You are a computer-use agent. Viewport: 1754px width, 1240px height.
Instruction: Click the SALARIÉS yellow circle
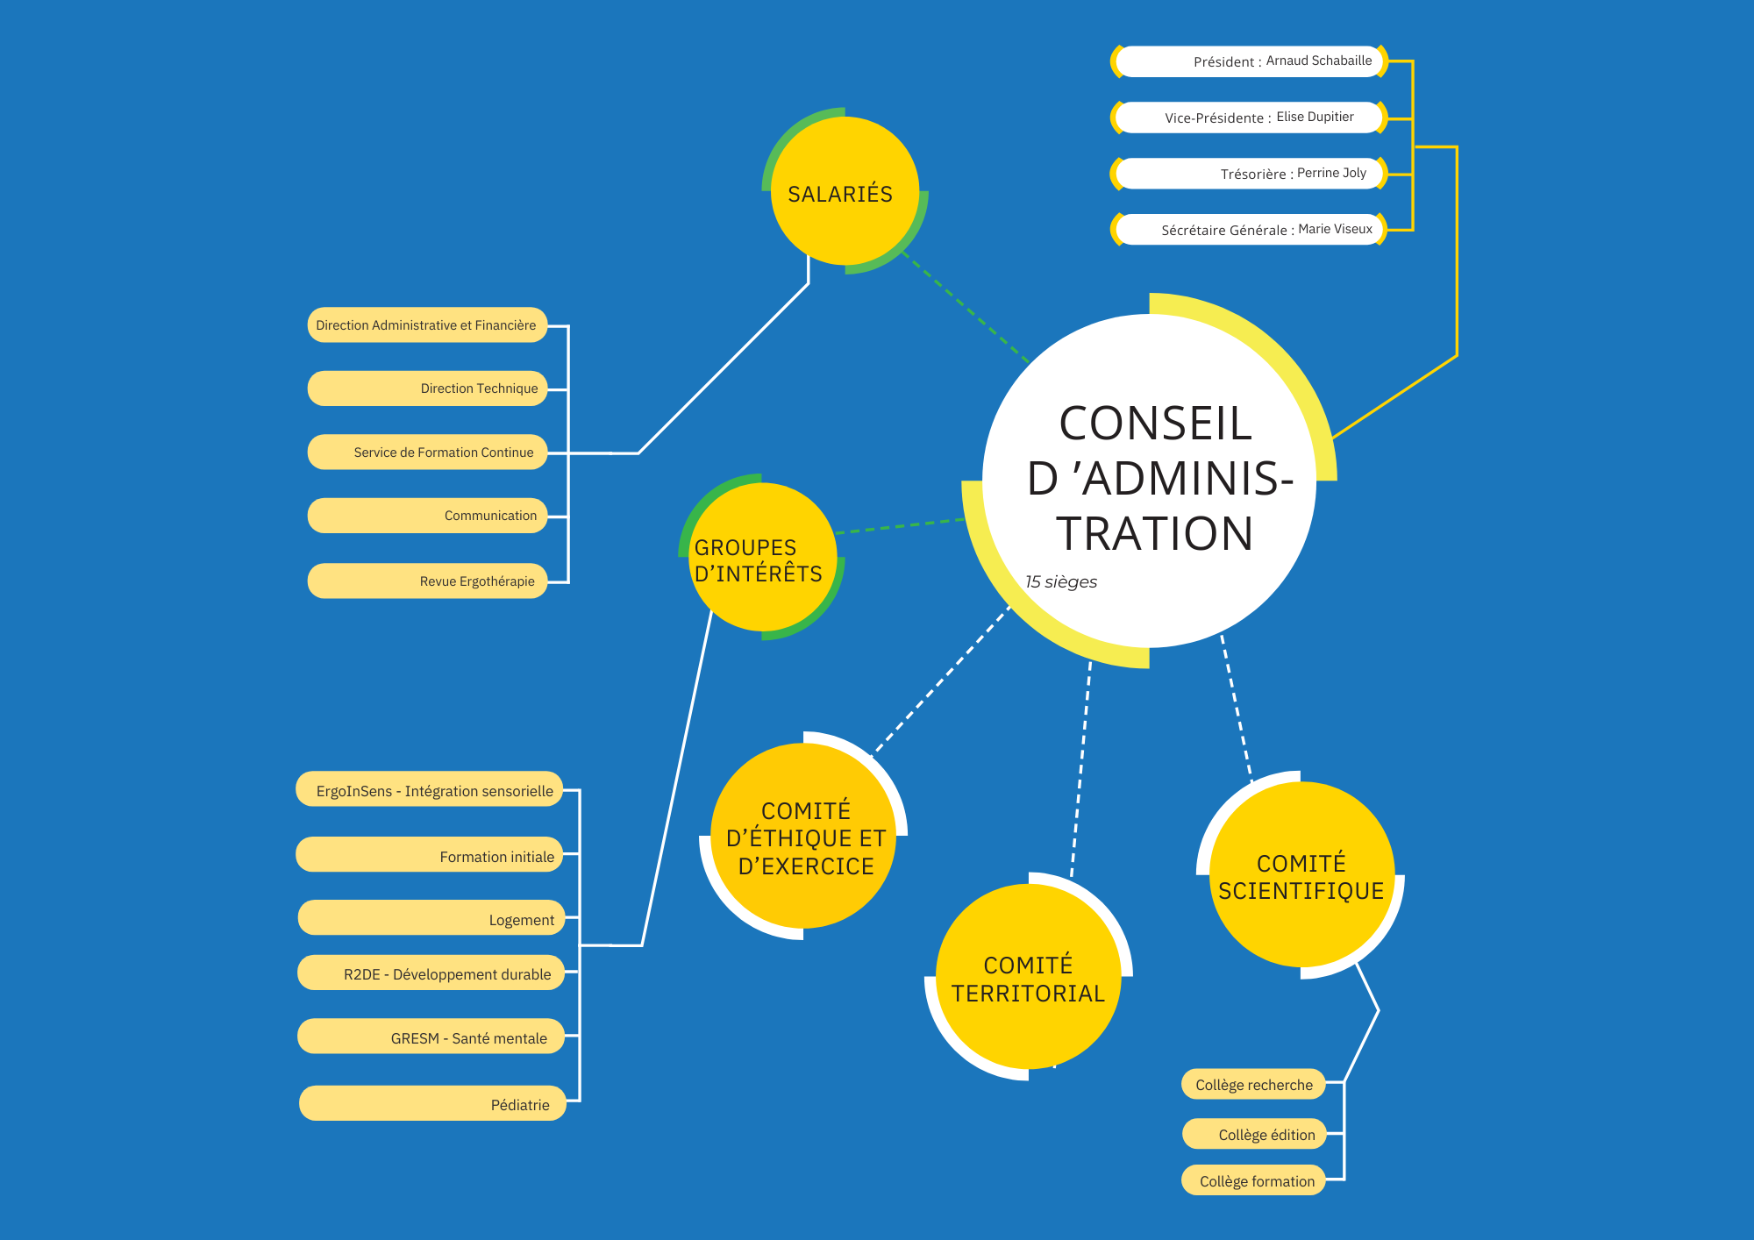click(844, 191)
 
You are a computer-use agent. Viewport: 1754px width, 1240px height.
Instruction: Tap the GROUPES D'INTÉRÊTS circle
click(761, 558)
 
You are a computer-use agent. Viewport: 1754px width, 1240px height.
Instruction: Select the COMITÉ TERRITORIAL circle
click(1028, 977)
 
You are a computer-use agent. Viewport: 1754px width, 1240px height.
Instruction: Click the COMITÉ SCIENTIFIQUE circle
click(1301, 875)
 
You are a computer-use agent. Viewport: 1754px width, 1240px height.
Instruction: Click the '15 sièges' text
click(1061, 582)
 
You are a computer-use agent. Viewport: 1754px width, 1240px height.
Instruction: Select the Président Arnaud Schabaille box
click(1249, 61)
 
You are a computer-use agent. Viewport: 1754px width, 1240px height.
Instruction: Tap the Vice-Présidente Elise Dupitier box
click(1249, 118)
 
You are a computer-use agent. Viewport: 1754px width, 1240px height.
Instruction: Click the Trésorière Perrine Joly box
click(1249, 174)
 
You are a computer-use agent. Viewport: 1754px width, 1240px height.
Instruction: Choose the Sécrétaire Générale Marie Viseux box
click(1249, 230)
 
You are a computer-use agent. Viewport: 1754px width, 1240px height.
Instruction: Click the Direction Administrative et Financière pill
click(427, 325)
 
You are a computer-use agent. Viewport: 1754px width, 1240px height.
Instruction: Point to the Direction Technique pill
click(427, 388)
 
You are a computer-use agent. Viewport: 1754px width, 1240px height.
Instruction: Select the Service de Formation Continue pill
click(427, 453)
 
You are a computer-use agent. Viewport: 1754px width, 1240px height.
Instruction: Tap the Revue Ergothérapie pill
click(427, 581)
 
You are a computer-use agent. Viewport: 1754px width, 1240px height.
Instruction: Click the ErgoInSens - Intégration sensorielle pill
click(429, 790)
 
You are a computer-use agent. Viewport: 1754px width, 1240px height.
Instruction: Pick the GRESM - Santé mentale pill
click(431, 1037)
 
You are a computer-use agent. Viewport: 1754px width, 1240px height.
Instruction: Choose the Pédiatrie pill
click(432, 1104)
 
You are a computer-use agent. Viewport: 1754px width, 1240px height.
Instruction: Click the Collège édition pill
click(1254, 1134)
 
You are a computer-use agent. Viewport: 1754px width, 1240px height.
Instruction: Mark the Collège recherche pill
click(1253, 1085)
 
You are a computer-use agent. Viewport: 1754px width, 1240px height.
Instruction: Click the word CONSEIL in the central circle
click(1155, 424)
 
